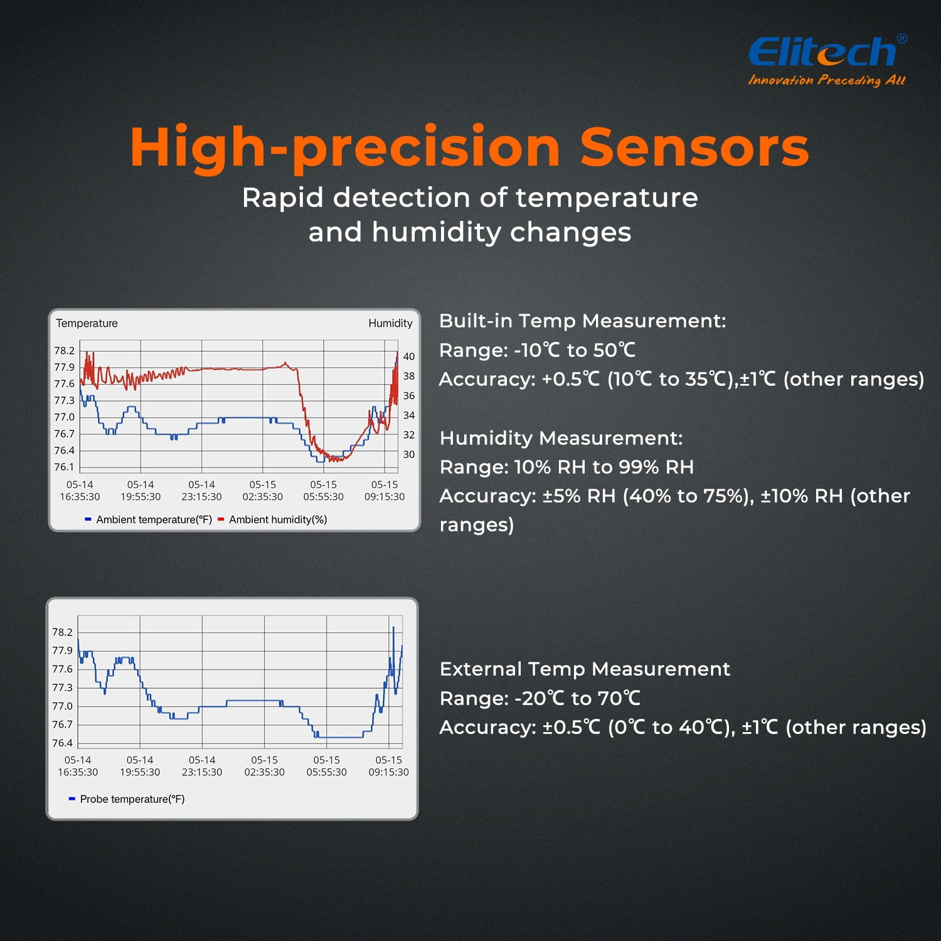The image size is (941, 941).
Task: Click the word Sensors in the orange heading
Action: click(x=694, y=147)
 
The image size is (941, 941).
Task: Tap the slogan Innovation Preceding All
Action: click(x=827, y=80)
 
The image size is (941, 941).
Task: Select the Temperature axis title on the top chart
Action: click(x=87, y=323)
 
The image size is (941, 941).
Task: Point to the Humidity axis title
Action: click(x=390, y=323)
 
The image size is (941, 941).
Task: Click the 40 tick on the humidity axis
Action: click(x=408, y=356)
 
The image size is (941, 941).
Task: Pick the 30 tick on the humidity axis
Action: click(x=408, y=454)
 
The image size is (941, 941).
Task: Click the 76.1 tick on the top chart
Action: click(x=64, y=467)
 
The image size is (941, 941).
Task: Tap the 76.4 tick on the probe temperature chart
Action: click(x=62, y=743)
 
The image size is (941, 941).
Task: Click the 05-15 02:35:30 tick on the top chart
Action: click(x=263, y=491)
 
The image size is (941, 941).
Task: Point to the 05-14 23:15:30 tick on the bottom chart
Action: click(x=202, y=766)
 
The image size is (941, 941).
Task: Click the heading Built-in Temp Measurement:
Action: click(x=582, y=321)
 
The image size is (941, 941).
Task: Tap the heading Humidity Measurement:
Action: click(x=561, y=438)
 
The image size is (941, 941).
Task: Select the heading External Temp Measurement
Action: click(x=585, y=669)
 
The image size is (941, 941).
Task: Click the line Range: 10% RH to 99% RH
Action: click(x=566, y=467)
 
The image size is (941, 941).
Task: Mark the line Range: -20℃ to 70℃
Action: click(x=540, y=698)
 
